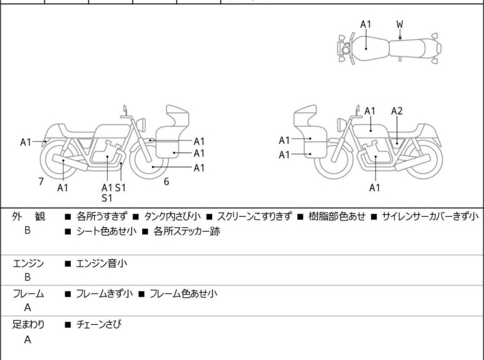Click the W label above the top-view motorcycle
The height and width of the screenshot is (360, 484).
click(400, 24)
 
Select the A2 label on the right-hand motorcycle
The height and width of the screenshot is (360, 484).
click(397, 111)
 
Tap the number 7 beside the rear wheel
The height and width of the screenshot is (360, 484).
click(41, 182)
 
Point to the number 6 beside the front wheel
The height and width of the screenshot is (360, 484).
click(166, 182)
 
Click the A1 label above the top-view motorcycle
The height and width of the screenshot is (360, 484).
click(365, 24)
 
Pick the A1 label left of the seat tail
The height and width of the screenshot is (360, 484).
click(26, 142)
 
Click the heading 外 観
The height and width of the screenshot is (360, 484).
click(29, 217)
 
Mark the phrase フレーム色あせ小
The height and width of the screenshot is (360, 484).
click(183, 294)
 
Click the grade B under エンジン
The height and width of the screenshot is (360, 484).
click(28, 278)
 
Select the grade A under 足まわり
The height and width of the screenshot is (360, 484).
click(28, 340)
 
